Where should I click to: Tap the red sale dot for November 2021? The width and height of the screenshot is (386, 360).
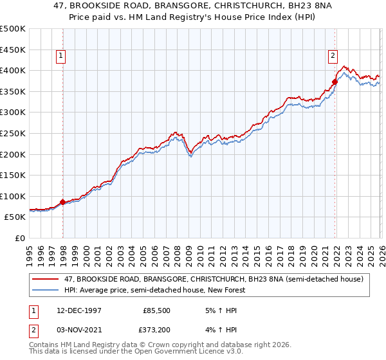(x=335, y=82)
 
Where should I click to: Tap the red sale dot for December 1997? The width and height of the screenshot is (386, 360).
(x=63, y=202)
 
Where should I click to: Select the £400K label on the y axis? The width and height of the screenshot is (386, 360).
(x=13, y=70)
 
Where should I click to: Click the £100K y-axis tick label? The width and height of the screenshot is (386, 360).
(x=13, y=196)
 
